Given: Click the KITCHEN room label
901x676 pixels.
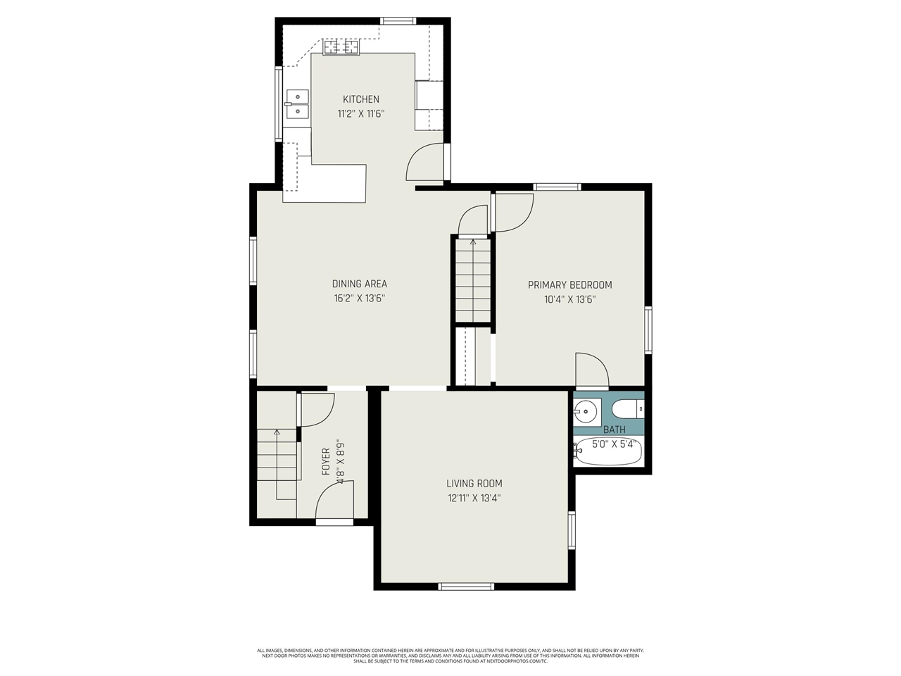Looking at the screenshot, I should [x=360, y=99].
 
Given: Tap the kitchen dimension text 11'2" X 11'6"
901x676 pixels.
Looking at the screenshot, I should [x=360, y=113].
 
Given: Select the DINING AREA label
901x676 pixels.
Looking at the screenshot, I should [x=359, y=284].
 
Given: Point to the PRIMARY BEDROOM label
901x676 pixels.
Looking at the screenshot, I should [x=569, y=285].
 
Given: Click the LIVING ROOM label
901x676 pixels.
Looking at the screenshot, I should [x=474, y=484].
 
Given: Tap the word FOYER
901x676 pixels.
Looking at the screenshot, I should [x=326, y=461].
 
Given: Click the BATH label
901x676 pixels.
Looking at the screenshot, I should [x=614, y=430].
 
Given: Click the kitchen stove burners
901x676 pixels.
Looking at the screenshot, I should [x=341, y=47].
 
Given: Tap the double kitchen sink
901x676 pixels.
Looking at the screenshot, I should [x=297, y=104].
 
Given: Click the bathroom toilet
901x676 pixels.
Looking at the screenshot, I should [x=627, y=408].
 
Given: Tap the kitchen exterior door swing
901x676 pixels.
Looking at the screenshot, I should [x=425, y=162].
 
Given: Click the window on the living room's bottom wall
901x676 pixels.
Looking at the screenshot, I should [x=466, y=586].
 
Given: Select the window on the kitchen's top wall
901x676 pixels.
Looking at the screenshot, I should [x=398, y=21].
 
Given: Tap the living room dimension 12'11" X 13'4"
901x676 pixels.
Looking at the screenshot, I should [x=474, y=498].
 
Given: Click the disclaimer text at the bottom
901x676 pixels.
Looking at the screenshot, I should [x=450, y=656].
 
